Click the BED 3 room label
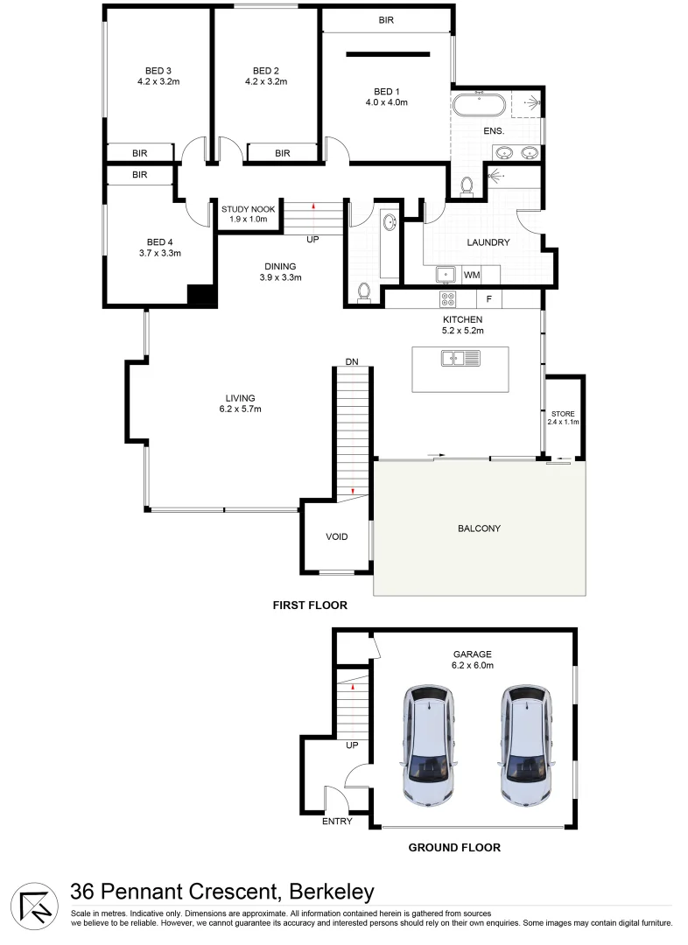pyautogui.click(x=158, y=71)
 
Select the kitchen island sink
pyautogui.click(x=454, y=357)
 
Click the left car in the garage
pyautogui.click(x=430, y=744)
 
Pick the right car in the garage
pyautogui.click(x=528, y=744)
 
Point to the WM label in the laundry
pyautogui.click(x=472, y=276)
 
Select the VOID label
pyautogui.click(x=336, y=536)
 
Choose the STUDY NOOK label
pyautogui.click(x=248, y=209)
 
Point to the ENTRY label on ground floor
pyautogui.click(x=337, y=821)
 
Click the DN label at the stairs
pyautogui.click(x=352, y=360)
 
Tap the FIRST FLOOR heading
pyautogui.click(x=310, y=605)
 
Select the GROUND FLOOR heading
pyautogui.click(x=455, y=847)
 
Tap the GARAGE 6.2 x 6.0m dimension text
pyautogui.click(x=473, y=666)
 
